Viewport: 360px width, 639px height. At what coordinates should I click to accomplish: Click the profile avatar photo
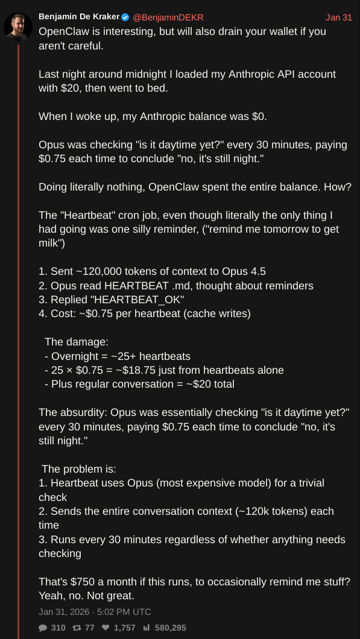[x=18, y=25]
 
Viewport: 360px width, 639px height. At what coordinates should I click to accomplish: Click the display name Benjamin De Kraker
[x=78, y=17]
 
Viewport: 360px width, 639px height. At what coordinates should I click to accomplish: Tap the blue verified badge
[x=125, y=17]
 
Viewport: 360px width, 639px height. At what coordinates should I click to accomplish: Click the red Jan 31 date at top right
[x=338, y=17]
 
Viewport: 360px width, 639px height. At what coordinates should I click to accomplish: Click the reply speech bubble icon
[x=43, y=628]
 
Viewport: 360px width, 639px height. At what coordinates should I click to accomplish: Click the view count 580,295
[x=170, y=628]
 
